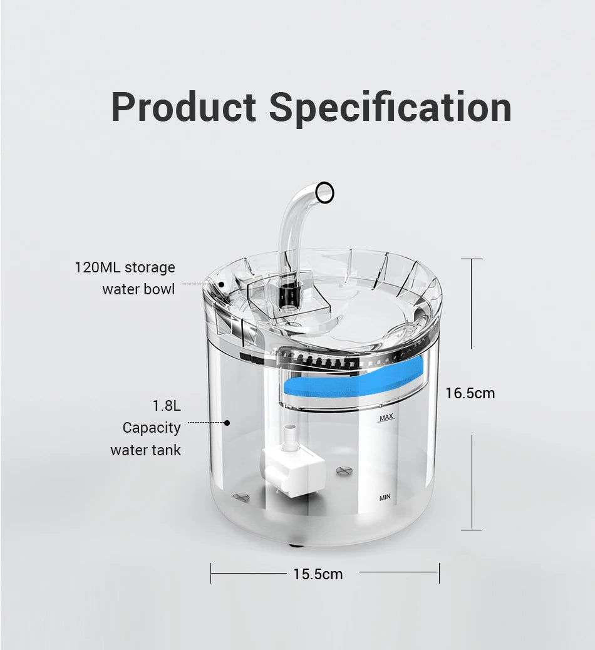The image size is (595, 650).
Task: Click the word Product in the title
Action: coord(183,107)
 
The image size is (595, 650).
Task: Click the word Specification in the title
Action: coord(390,107)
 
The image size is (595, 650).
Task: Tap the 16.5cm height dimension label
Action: coord(470,393)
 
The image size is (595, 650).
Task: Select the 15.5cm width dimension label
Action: coord(318,574)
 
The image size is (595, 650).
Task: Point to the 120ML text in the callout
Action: coord(97,267)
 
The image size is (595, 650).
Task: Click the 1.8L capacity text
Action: coord(167,406)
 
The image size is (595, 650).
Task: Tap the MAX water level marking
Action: coord(386,417)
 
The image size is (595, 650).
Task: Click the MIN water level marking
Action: coord(385,497)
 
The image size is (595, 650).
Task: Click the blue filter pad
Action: coord(351,381)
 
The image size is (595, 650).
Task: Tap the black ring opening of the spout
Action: coord(324,192)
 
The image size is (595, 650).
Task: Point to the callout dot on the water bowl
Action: coord(222,284)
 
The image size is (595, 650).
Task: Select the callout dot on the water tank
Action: coord(227,423)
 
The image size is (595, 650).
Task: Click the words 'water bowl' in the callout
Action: coord(138,289)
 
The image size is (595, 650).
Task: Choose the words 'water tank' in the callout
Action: coord(145,450)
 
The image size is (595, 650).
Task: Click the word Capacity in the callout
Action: coord(152,428)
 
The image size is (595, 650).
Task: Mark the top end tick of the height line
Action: coord(471,259)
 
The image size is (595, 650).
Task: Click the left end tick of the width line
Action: coord(211,572)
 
